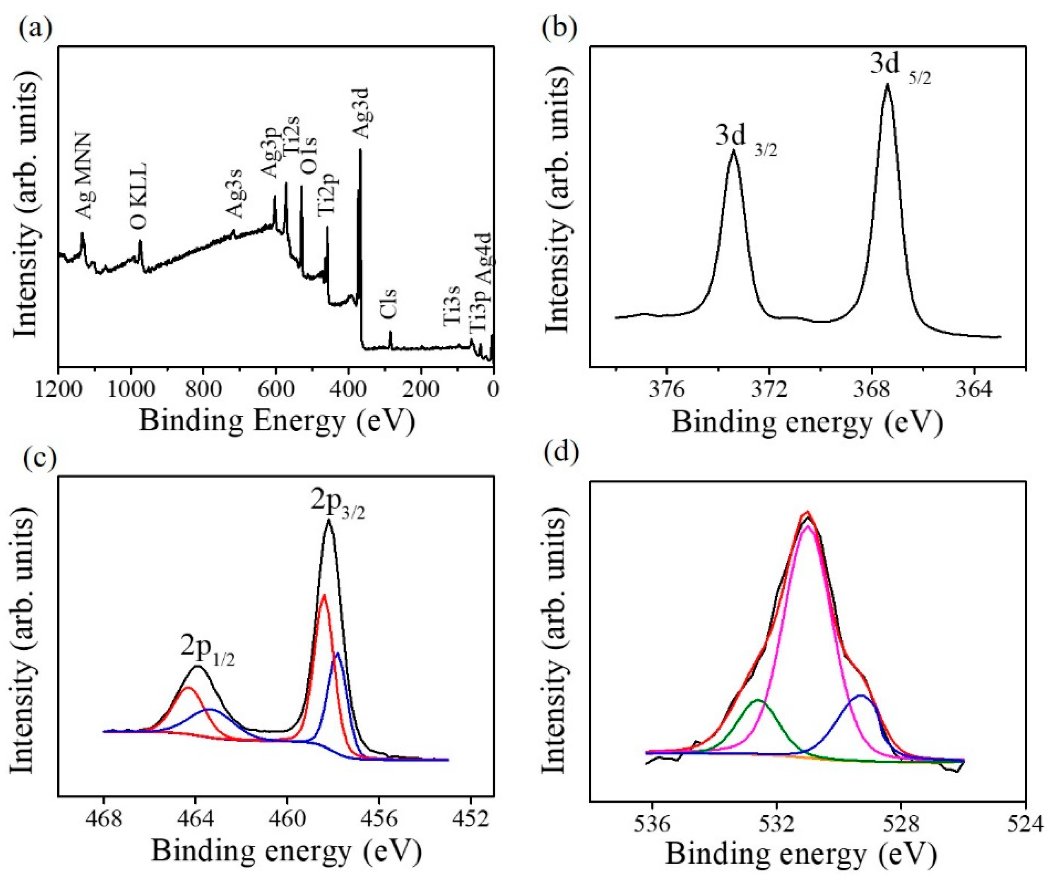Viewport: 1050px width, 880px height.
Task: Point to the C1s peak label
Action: coord(388,304)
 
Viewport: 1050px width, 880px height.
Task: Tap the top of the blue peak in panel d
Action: coord(861,696)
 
